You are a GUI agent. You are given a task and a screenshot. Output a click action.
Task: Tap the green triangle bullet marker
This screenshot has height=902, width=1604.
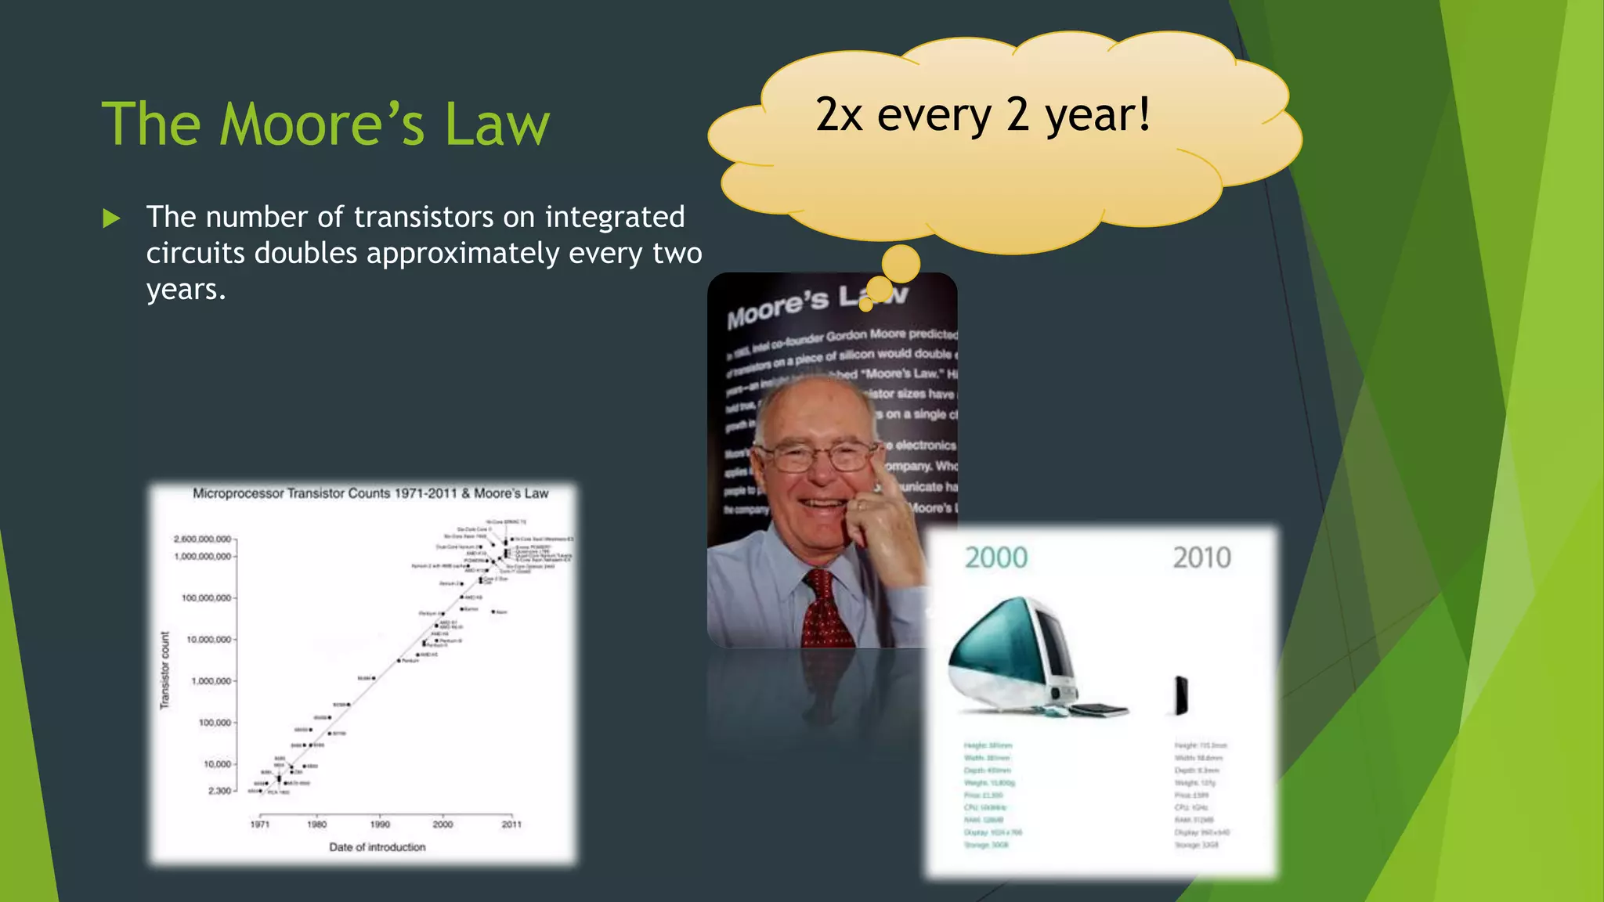tap(111, 218)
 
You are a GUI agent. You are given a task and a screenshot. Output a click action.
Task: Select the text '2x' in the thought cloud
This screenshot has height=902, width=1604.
tap(839, 115)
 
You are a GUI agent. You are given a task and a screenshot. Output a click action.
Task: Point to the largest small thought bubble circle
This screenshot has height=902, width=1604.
tap(901, 264)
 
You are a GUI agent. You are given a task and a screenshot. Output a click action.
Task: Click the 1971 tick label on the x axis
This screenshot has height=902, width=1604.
tap(259, 824)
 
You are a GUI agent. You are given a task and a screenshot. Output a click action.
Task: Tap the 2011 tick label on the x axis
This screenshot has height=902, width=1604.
tap(511, 824)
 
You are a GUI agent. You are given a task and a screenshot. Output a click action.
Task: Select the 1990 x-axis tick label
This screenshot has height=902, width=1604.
tap(380, 824)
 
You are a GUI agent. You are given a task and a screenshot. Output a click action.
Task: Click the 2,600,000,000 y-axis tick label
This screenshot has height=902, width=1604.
tap(202, 539)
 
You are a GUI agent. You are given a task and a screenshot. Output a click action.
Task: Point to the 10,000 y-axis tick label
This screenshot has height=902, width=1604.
tap(217, 764)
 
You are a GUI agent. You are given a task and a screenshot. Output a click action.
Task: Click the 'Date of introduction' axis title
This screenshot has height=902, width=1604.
tap(378, 847)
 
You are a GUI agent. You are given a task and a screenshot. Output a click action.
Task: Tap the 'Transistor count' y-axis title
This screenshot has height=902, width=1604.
tap(164, 670)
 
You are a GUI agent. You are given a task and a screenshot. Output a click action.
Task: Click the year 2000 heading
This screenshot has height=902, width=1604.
tap(995, 558)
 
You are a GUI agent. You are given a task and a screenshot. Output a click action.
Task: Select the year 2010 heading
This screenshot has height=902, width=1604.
tap(1201, 558)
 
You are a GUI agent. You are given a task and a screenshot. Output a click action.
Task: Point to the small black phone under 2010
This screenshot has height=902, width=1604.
tap(1181, 695)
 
